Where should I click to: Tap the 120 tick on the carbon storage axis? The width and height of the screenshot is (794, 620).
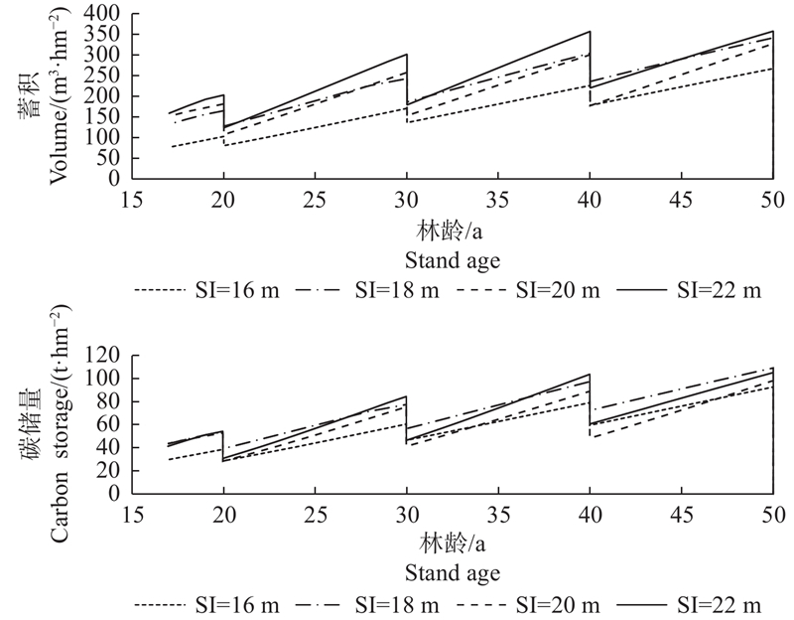click(103, 356)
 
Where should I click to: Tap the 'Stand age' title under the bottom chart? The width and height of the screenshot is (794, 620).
click(452, 574)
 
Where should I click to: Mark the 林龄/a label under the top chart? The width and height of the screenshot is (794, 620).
click(453, 232)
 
